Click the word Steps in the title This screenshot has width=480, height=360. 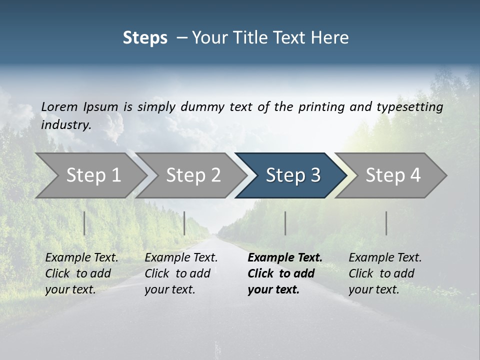coord(145,38)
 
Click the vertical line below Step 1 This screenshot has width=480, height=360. coord(84,223)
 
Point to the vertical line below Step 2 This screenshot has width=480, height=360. coord(184,223)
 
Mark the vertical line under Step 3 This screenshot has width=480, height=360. coord(285,223)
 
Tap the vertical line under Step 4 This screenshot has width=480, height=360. coord(386,223)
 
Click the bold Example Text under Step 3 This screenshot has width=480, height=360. coord(285,273)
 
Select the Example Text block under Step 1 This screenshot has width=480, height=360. coord(81,273)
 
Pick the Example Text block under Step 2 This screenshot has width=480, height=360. coord(181,273)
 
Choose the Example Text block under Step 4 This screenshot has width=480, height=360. coord(385,273)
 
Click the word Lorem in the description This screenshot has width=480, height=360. coord(59,106)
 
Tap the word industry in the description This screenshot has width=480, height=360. coord(66,125)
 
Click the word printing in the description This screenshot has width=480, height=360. coord(320,106)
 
